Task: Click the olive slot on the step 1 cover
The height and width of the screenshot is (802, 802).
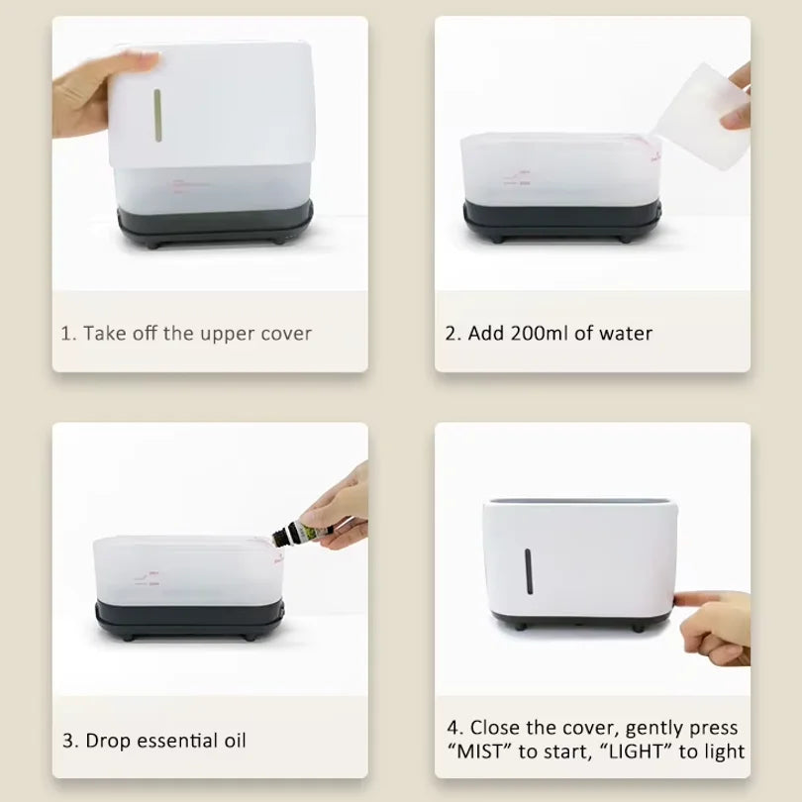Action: pyautogui.click(x=158, y=116)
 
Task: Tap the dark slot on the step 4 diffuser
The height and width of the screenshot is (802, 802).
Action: pyautogui.click(x=529, y=571)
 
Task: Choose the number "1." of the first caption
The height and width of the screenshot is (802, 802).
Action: pyautogui.click(x=68, y=334)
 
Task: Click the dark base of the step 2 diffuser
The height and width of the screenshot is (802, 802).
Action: pyautogui.click(x=562, y=221)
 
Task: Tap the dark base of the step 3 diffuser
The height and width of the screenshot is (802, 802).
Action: pyautogui.click(x=190, y=620)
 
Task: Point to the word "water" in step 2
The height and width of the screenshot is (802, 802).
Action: pyautogui.click(x=626, y=334)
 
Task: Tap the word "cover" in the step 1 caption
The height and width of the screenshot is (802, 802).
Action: pyautogui.click(x=286, y=334)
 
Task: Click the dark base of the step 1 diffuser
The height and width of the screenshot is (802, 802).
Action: pyautogui.click(x=215, y=225)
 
